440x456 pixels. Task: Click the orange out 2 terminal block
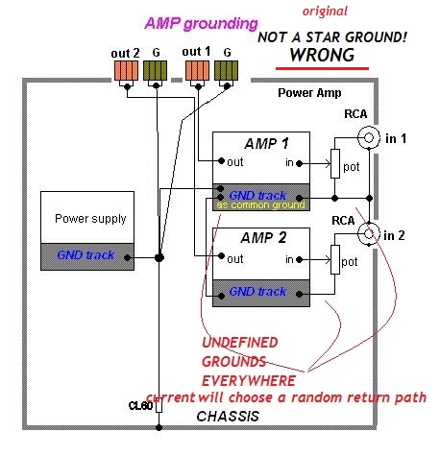pos(126,71)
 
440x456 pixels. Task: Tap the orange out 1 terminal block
pos(198,71)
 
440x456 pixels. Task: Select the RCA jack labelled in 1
pos(369,137)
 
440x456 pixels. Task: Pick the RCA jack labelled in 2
pos(369,233)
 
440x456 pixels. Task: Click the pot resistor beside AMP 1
pos(335,163)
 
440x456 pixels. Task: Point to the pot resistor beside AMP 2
pos(335,259)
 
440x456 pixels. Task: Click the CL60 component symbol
pos(159,407)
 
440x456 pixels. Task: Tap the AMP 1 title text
pos(266,144)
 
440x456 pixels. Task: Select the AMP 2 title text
pos(263,238)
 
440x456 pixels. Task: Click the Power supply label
pos(90,219)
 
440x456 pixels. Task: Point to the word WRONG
pos(322,55)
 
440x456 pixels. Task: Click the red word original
pos(325,12)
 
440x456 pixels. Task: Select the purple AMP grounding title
pos(201,24)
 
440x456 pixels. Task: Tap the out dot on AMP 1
pos(221,160)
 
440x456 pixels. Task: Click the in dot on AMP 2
pos(299,259)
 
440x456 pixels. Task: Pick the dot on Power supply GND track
pos(128,257)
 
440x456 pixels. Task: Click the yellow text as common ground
pos(260,204)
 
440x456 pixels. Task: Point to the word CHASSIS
pos(228,417)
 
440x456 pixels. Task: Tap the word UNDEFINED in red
pos(240,343)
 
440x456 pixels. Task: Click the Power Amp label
pos(309,93)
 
